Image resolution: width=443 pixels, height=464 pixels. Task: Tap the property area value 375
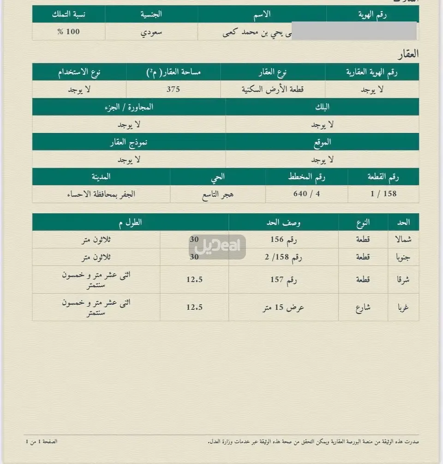(x=173, y=90)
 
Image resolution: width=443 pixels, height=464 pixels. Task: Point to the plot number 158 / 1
(x=383, y=194)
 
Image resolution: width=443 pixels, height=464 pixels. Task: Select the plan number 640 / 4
(x=306, y=194)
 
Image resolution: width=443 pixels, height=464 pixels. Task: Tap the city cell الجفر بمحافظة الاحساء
(x=101, y=194)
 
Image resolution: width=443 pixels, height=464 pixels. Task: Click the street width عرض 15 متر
(x=283, y=307)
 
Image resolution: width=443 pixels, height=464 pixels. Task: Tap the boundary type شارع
(x=363, y=307)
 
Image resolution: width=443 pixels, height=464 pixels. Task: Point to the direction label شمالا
(x=401, y=240)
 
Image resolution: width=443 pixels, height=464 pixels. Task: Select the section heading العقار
(x=407, y=54)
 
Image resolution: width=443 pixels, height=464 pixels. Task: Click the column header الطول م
(x=130, y=223)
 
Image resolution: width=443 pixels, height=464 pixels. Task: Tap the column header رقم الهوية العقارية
(x=371, y=72)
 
